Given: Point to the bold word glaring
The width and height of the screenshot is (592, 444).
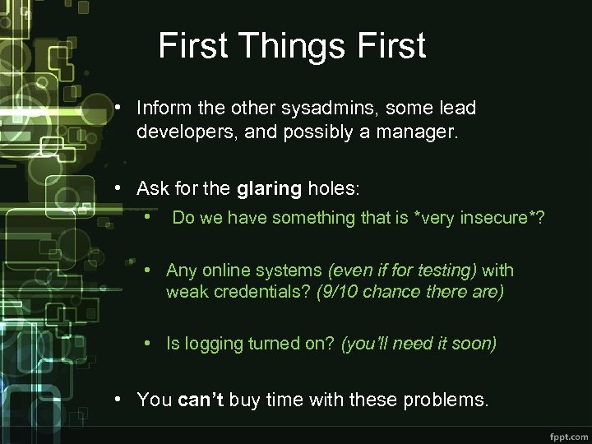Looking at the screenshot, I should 269,188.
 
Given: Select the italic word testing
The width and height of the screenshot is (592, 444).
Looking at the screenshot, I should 446,270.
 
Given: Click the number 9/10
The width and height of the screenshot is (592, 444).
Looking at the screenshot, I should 338,292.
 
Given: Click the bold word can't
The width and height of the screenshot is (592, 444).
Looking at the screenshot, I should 201,400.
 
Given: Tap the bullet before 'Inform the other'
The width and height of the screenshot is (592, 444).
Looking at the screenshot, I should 119,108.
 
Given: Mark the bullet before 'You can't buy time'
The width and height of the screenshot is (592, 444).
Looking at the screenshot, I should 119,399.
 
